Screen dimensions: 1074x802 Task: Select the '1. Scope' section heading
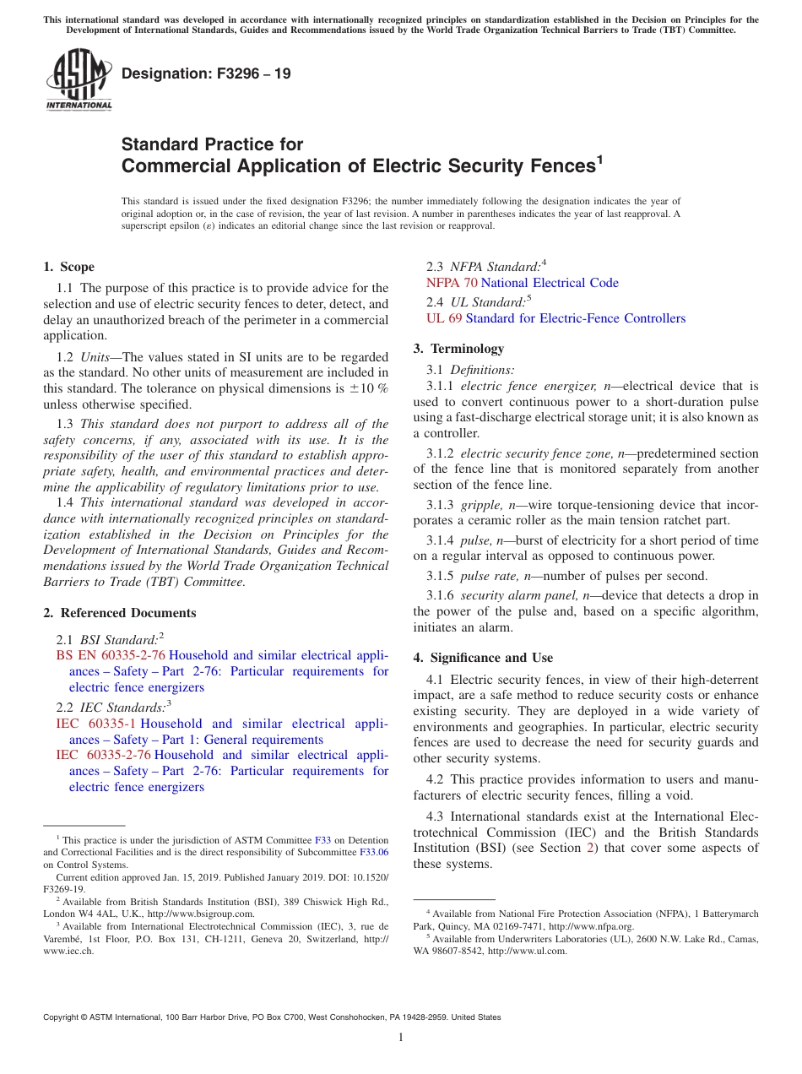point(69,267)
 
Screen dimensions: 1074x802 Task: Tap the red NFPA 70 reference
point(452,283)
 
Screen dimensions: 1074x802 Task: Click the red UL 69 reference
point(444,318)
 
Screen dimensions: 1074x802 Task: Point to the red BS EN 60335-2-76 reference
point(111,655)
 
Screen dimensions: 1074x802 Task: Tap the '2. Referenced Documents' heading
point(119,613)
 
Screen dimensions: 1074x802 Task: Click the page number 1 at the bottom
point(401,1038)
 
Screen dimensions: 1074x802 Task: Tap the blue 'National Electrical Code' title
point(550,283)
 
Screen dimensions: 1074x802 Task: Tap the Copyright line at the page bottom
point(272,1017)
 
